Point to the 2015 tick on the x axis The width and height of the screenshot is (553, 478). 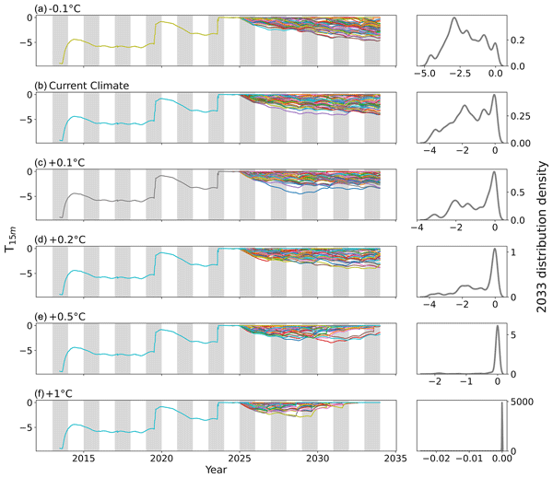(x=84, y=458)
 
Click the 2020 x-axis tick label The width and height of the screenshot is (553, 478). (x=162, y=458)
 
